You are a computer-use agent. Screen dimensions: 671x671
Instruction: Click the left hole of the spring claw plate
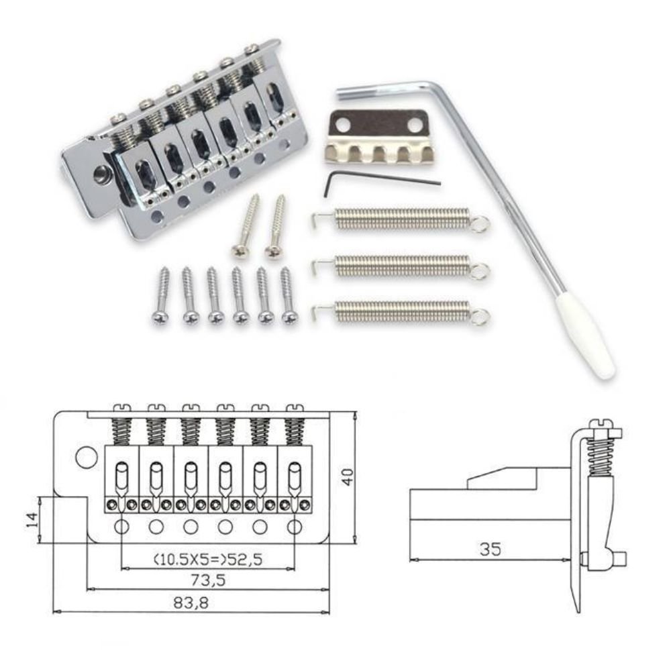[x=341, y=125]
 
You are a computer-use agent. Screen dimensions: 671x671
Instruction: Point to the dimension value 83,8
[x=191, y=603]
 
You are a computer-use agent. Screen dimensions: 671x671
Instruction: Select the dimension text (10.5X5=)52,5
[x=207, y=559]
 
